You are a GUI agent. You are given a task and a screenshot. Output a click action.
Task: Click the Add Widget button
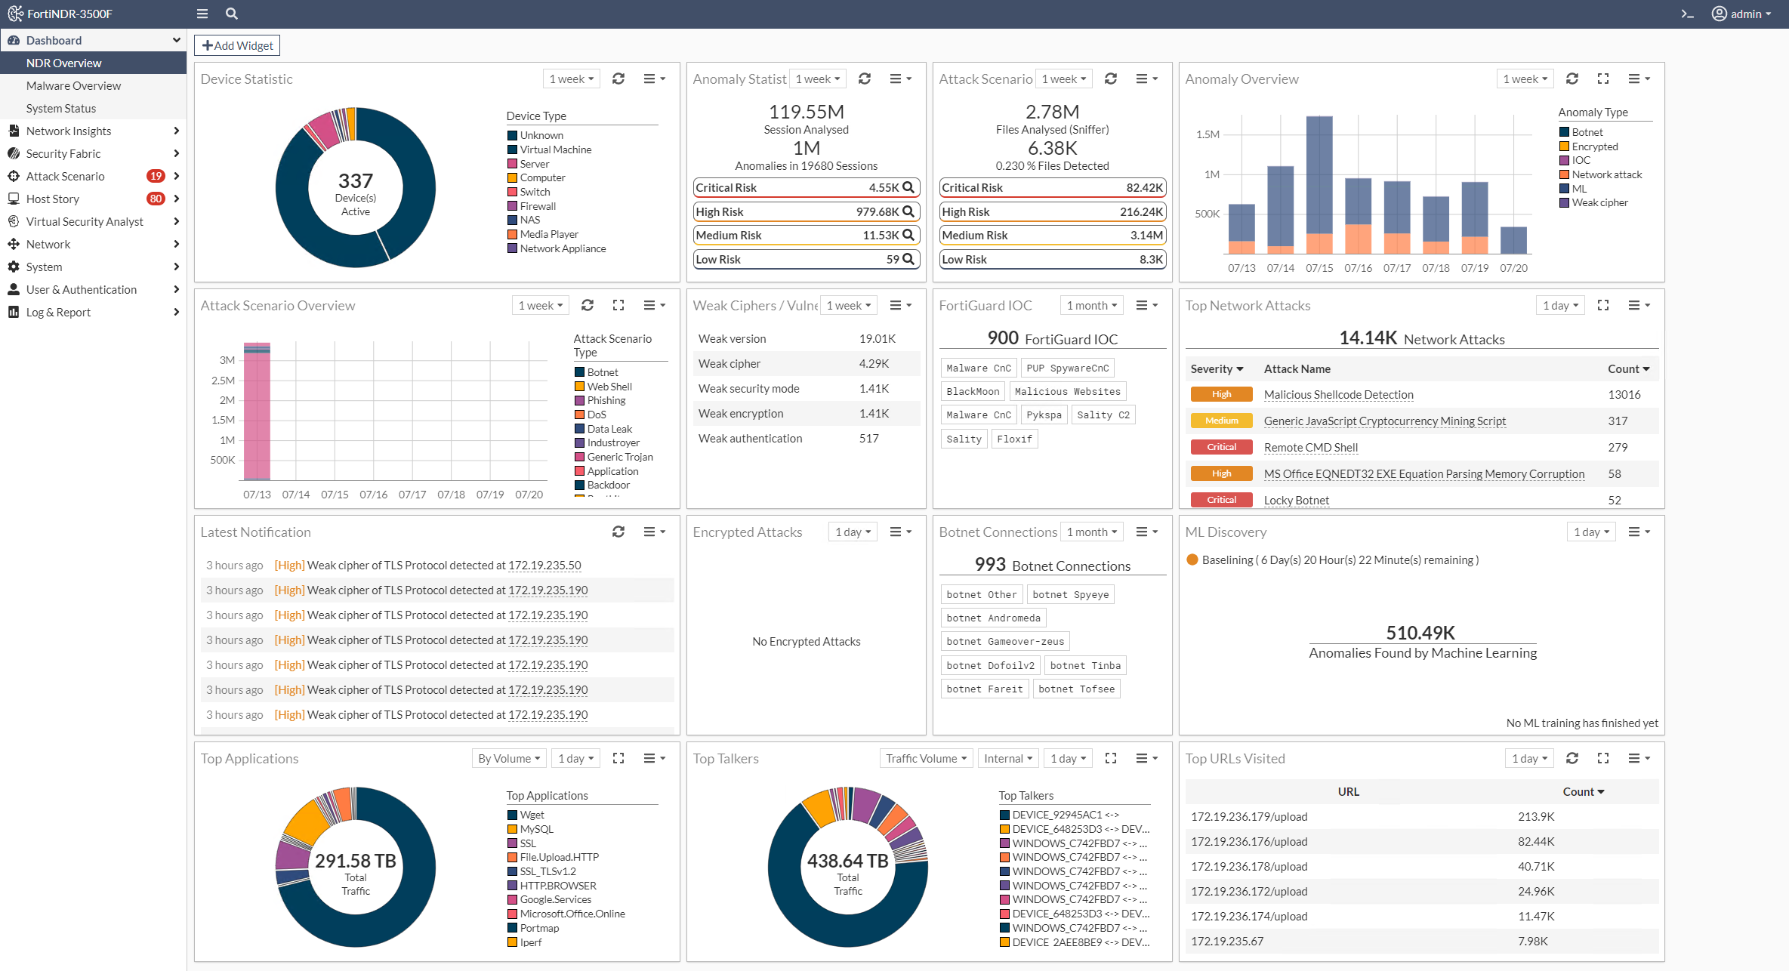[237, 45]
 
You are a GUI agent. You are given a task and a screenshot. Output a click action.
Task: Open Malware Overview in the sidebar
[73, 85]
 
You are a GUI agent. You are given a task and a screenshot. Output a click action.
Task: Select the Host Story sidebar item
[53, 199]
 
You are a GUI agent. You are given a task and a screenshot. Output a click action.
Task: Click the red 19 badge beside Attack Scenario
[156, 176]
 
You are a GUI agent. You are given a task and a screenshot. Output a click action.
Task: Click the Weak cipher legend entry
[1599, 202]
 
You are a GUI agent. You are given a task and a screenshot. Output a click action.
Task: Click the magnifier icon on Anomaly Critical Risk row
[908, 187]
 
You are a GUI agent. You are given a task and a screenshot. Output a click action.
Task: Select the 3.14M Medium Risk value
[1146, 235]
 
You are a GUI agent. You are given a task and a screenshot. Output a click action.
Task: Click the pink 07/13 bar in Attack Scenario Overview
[257, 412]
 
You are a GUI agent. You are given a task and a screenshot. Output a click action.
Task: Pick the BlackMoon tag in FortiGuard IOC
[973, 391]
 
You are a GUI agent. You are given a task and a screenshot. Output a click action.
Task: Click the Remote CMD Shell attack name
[1310, 447]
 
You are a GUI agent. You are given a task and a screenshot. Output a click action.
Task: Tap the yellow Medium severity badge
[1221, 421]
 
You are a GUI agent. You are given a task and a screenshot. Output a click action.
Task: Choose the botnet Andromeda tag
[993, 618]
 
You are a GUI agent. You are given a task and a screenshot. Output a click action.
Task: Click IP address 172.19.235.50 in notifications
[544, 565]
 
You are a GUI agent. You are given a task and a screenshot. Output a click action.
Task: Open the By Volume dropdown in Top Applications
[508, 758]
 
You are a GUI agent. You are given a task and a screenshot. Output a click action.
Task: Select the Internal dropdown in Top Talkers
[1008, 758]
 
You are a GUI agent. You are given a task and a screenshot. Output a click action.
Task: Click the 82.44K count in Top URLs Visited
[1535, 841]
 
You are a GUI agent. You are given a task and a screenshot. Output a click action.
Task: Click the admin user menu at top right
[1741, 14]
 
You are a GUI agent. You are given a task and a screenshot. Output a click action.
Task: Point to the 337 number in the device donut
[355, 180]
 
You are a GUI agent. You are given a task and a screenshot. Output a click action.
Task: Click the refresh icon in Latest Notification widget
[618, 532]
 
